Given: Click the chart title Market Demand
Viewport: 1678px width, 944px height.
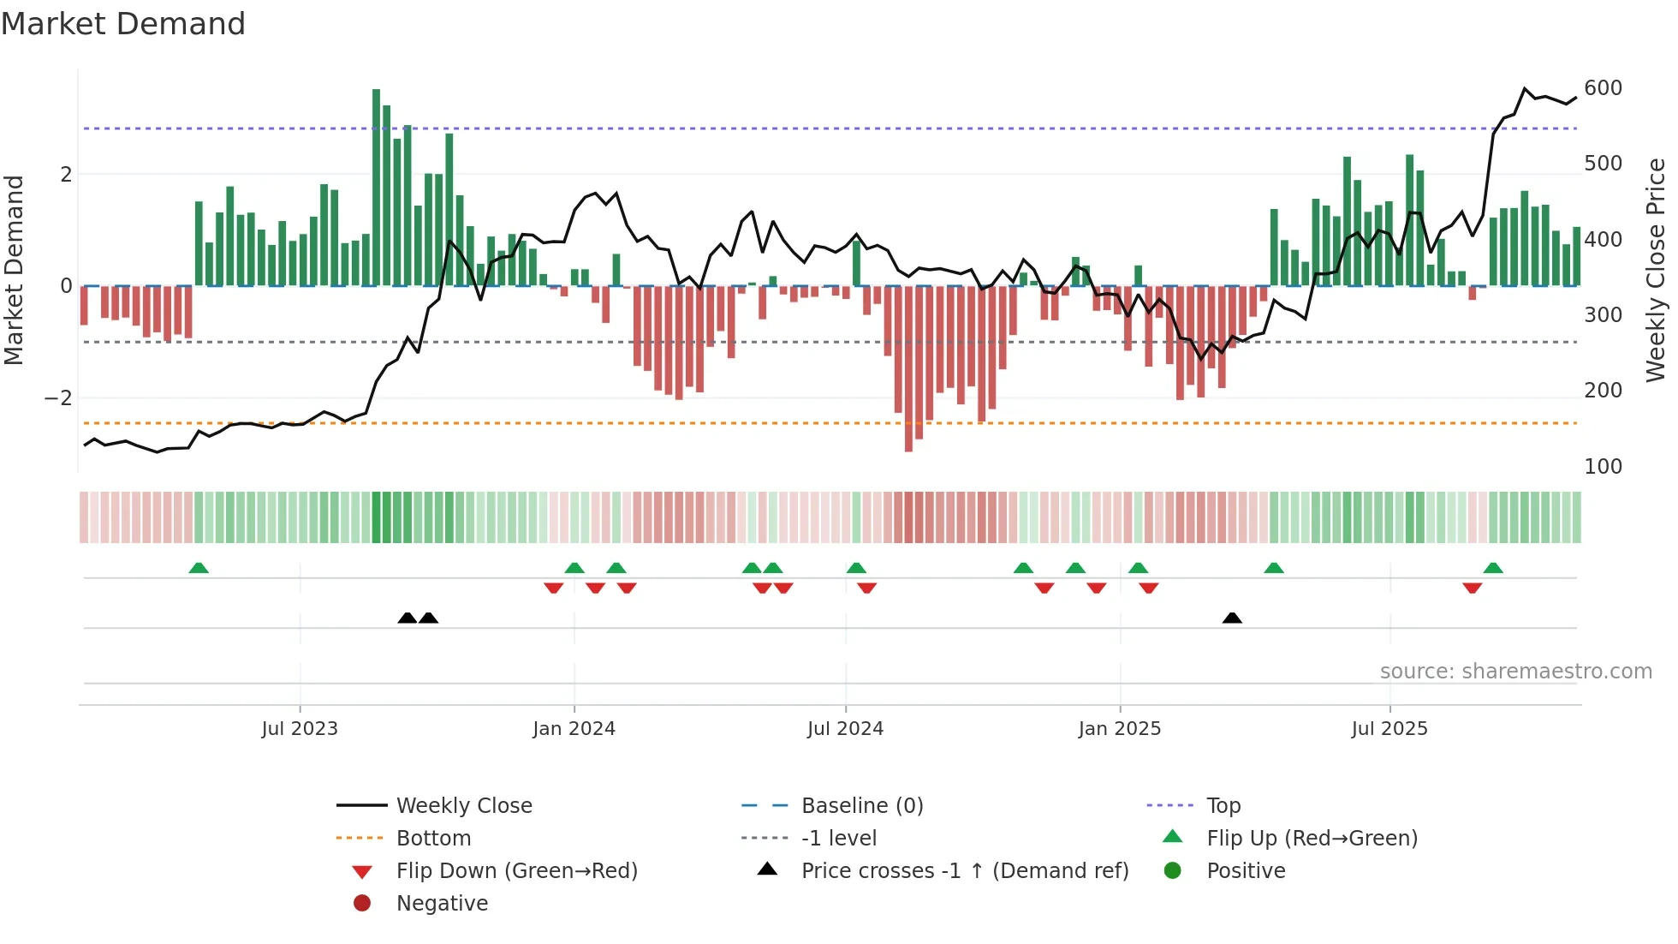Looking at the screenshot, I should pyautogui.click(x=123, y=24).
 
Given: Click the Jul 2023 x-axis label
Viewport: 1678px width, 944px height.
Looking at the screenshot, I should pyautogui.click(x=300, y=729).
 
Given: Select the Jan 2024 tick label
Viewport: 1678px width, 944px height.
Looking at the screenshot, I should pyautogui.click(x=574, y=729).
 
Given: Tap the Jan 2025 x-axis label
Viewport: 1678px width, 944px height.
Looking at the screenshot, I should pyautogui.click(x=1119, y=729).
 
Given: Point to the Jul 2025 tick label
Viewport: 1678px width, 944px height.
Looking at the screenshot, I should pyautogui.click(x=1389, y=729).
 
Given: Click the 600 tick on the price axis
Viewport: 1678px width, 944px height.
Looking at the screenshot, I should pyautogui.click(x=1603, y=88).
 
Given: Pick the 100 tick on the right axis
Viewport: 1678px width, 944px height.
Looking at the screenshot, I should pyautogui.click(x=1603, y=467).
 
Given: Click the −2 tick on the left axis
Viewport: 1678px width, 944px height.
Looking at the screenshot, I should pyautogui.click(x=58, y=398).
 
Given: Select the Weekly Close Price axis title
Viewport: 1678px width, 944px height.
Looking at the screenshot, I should pyautogui.click(x=1656, y=270).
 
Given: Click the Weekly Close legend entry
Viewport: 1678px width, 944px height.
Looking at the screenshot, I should pyautogui.click(x=463, y=806).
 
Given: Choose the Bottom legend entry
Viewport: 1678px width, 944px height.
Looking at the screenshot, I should pyautogui.click(x=433, y=839).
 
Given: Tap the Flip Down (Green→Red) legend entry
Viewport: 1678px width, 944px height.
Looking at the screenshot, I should pyautogui.click(x=516, y=871).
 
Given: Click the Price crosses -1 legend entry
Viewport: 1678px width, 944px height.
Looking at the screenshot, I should pyautogui.click(x=964, y=871).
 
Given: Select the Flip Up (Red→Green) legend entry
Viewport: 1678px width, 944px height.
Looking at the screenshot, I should pyautogui.click(x=1312, y=839).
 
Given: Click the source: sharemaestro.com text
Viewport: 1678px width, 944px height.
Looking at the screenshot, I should pyautogui.click(x=1515, y=672).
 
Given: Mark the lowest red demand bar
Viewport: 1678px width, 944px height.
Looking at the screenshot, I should pyautogui.click(x=908, y=368).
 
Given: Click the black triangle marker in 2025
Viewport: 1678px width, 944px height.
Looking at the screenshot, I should pyautogui.click(x=1232, y=618).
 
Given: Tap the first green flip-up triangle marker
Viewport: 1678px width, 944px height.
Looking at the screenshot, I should pyautogui.click(x=199, y=568).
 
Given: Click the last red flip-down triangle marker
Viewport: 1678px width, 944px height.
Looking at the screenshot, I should pyautogui.click(x=1473, y=588).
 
